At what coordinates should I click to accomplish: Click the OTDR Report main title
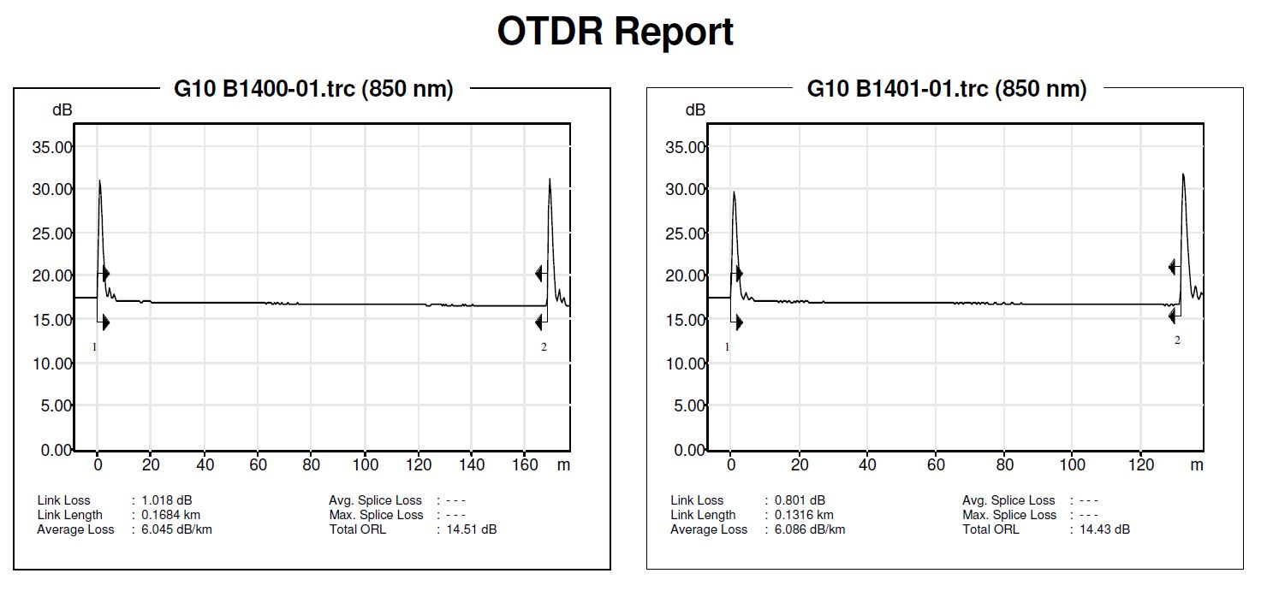615,32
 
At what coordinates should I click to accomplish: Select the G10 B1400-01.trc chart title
313,88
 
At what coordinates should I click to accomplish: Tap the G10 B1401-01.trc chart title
947,88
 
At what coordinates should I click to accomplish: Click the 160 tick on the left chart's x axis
525,465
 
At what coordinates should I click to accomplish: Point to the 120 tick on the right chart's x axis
1141,465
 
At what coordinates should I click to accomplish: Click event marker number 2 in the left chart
544,347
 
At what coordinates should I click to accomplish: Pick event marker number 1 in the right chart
727,347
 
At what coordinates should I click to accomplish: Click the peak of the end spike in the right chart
1183,174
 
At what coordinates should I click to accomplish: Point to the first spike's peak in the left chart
99,180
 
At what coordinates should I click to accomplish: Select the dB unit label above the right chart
695,109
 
